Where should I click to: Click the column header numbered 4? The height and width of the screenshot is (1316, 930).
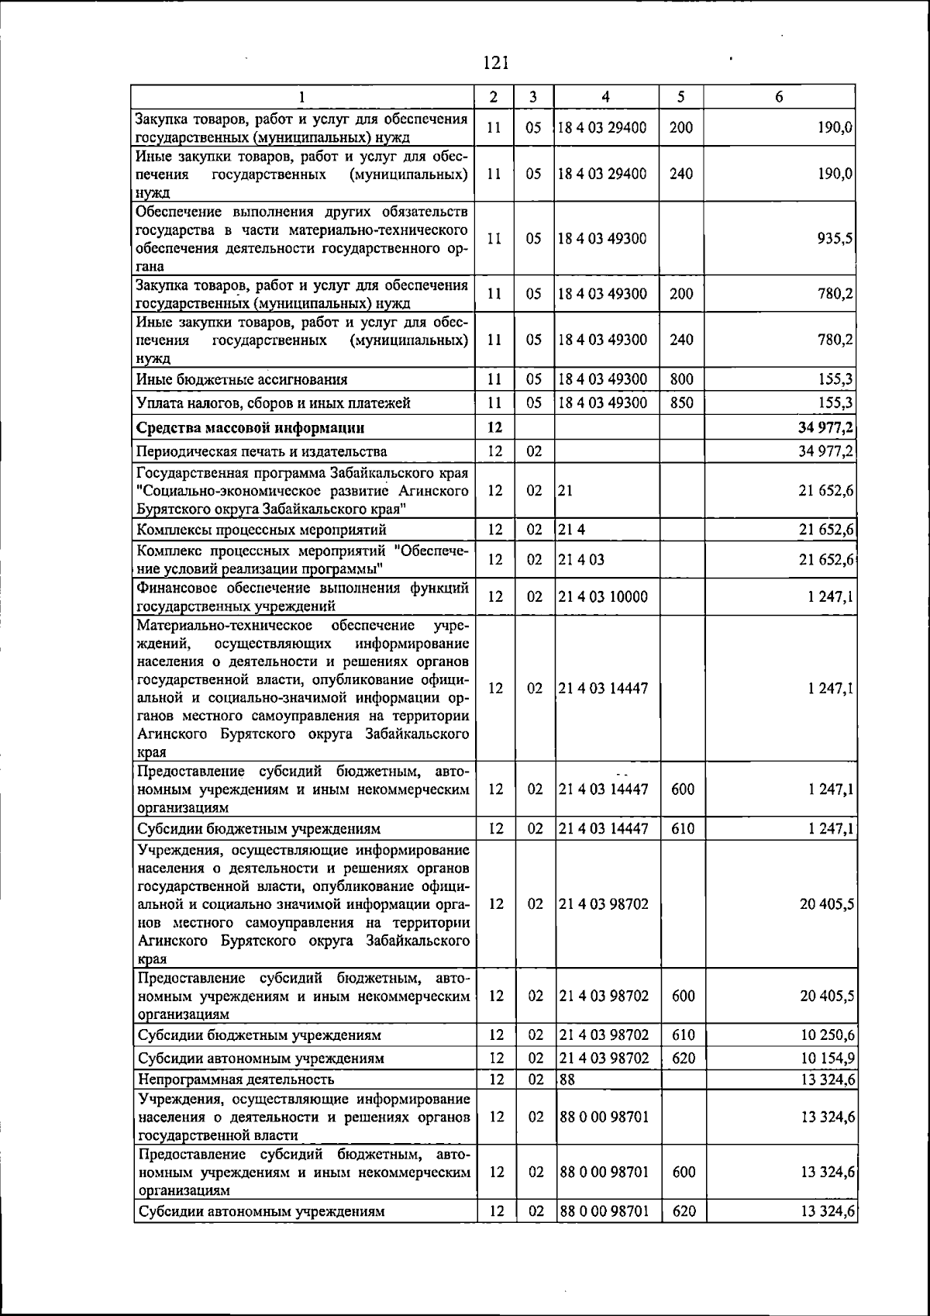click(x=605, y=97)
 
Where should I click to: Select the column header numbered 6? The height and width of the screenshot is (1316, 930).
click(x=779, y=97)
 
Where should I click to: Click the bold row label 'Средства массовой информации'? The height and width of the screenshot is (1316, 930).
click(x=250, y=427)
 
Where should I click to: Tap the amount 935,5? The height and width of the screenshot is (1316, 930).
click(x=835, y=239)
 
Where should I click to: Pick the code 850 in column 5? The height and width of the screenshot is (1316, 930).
click(x=681, y=402)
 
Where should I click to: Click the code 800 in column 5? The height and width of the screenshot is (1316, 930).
click(x=681, y=379)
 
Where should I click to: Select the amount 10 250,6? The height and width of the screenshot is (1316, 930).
click(x=828, y=1035)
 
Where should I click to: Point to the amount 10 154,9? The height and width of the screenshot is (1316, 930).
click(x=828, y=1059)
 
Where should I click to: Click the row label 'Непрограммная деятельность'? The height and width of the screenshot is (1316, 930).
click(x=236, y=1079)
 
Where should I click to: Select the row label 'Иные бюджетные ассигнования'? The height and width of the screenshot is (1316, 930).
click(x=242, y=379)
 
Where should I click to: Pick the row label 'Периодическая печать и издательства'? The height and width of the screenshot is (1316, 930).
click(x=262, y=451)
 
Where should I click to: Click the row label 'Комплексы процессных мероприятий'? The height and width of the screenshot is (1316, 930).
click(x=261, y=530)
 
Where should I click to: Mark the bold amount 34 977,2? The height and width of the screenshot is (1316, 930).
click(x=827, y=427)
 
